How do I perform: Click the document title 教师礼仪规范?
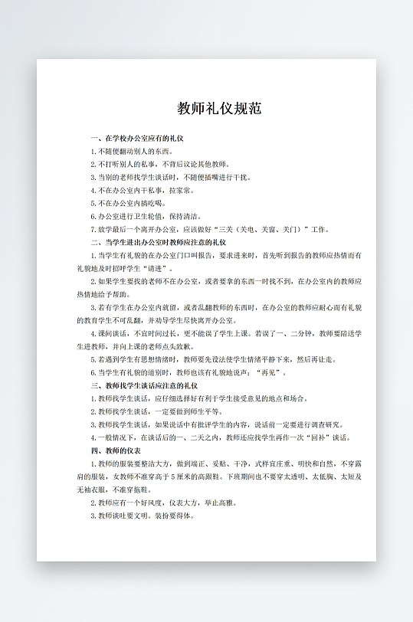pyautogui.click(x=220, y=108)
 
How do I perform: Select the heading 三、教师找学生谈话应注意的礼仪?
pyautogui.click(x=145, y=385)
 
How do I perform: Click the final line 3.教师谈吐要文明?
pyautogui.click(x=143, y=516)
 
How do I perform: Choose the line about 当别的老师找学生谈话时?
pyautogui.click(x=170, y=177)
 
